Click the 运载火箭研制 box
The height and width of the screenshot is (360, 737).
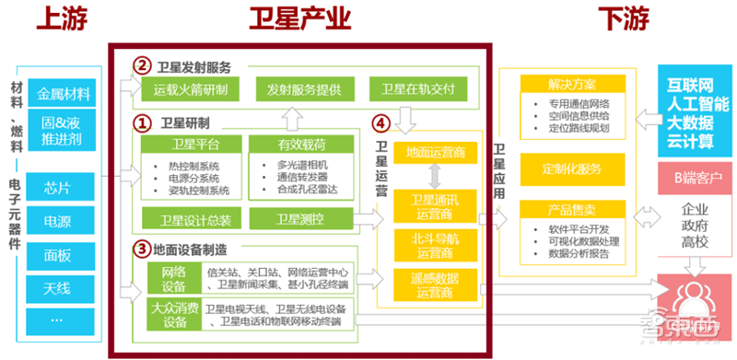coord(191,89)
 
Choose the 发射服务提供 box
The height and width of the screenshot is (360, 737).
coord(304,89)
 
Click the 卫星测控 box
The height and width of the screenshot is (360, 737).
coord(301,219)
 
